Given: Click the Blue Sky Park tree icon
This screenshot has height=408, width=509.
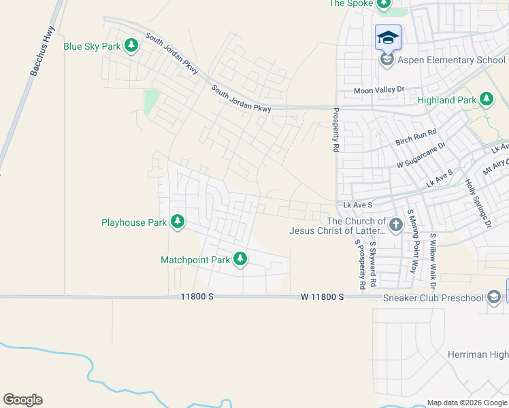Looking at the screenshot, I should (x=131, y=46).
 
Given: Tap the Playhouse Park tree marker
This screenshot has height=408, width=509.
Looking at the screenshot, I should (x=178, y=222).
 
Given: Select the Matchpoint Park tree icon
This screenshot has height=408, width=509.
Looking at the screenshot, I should (x=240, y=259).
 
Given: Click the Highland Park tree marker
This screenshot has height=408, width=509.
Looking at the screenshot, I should (x=486, y=100).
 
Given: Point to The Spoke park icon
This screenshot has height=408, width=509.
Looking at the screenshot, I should (x=384, y=4).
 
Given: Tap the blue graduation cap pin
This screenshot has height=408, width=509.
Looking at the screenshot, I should (x=388, y=37).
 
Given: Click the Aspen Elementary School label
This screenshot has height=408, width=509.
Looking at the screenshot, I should (x=451, y=60).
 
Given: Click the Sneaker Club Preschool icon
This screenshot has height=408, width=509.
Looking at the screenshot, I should (x=494, y=296).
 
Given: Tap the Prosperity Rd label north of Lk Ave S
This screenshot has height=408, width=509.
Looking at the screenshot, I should (x=335, y=129).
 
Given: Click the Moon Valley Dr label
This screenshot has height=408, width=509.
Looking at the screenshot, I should (x=379, y=90).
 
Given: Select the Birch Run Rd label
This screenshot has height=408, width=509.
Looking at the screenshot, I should (x=415, y=138).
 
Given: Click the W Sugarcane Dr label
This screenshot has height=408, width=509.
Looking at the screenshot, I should (x=422, y=156).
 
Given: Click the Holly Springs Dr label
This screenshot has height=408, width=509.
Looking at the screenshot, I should (x=478, y=202).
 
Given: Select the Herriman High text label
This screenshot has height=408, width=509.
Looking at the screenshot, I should (x=478, y=354).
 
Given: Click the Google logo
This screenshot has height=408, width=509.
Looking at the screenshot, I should (x=22, y=400).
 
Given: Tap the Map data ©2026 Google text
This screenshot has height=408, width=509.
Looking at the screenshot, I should (x=466, y=403).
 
